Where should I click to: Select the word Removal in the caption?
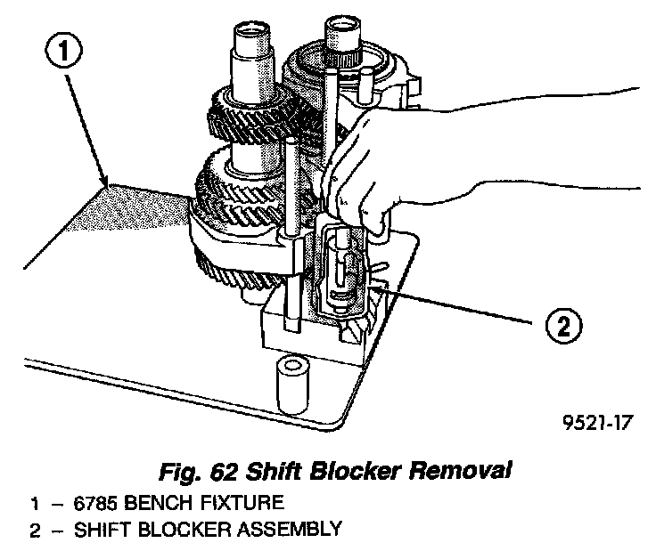tap(472, 467)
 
